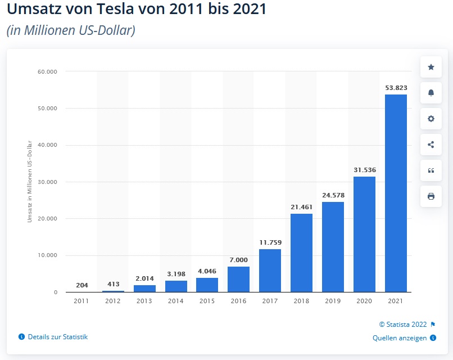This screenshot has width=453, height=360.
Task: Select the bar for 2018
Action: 301,253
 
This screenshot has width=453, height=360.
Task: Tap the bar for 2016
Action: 238,279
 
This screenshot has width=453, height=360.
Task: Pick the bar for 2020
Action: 364,234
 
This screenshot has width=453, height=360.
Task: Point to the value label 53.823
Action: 396,88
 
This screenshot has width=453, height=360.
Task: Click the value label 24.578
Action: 333,195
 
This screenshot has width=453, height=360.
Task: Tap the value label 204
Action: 81,285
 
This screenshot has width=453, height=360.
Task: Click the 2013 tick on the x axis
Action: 144,301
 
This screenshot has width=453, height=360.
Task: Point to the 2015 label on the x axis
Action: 207,301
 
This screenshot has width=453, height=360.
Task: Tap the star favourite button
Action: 431,67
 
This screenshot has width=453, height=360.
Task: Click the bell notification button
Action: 431,93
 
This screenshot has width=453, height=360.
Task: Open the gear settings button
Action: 431,119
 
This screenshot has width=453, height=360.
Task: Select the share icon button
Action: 431,145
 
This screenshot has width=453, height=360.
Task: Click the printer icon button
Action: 431,196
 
